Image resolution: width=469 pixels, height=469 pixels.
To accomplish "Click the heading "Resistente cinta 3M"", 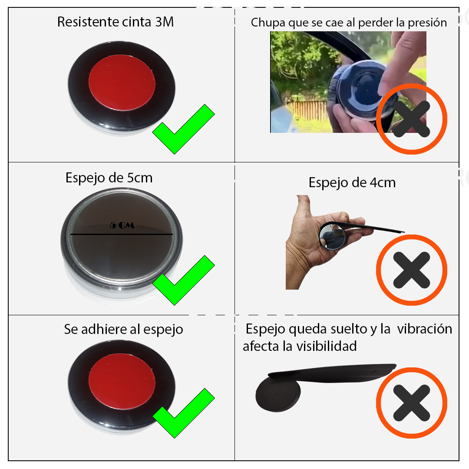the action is coord(116,22).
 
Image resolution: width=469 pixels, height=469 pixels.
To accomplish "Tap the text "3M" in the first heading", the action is coord(165,22).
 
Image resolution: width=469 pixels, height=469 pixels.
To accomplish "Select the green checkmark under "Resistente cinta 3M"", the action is coord(183,129).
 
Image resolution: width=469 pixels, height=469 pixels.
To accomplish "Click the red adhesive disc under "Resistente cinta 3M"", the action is coord(122,83).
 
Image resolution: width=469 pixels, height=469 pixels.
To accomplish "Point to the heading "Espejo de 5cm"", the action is coord(109,178).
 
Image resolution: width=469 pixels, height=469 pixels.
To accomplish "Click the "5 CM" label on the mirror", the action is coord(122,225).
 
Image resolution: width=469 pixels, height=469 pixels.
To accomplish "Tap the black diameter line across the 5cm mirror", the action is coord(122,234).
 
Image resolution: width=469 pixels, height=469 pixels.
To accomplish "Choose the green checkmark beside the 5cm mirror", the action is coord(183,280).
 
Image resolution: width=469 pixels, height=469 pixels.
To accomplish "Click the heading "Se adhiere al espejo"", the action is coord(123,329).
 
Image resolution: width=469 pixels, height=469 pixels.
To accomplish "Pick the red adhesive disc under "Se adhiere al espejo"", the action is coord(122,381).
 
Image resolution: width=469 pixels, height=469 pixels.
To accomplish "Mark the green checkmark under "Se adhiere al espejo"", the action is coord(183,413).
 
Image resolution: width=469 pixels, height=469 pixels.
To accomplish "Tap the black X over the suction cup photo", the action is coord(412,119).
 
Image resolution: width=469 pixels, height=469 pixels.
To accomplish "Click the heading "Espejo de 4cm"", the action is coord(352,182).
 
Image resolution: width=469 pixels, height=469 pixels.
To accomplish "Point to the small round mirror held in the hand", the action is coord(332,237).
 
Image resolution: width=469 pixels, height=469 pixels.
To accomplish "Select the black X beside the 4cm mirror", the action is coord(412,270).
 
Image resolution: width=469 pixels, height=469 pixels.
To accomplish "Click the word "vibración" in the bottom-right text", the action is coord(424,329).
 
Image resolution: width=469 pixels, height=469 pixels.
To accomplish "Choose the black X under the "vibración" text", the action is coord(412,403).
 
